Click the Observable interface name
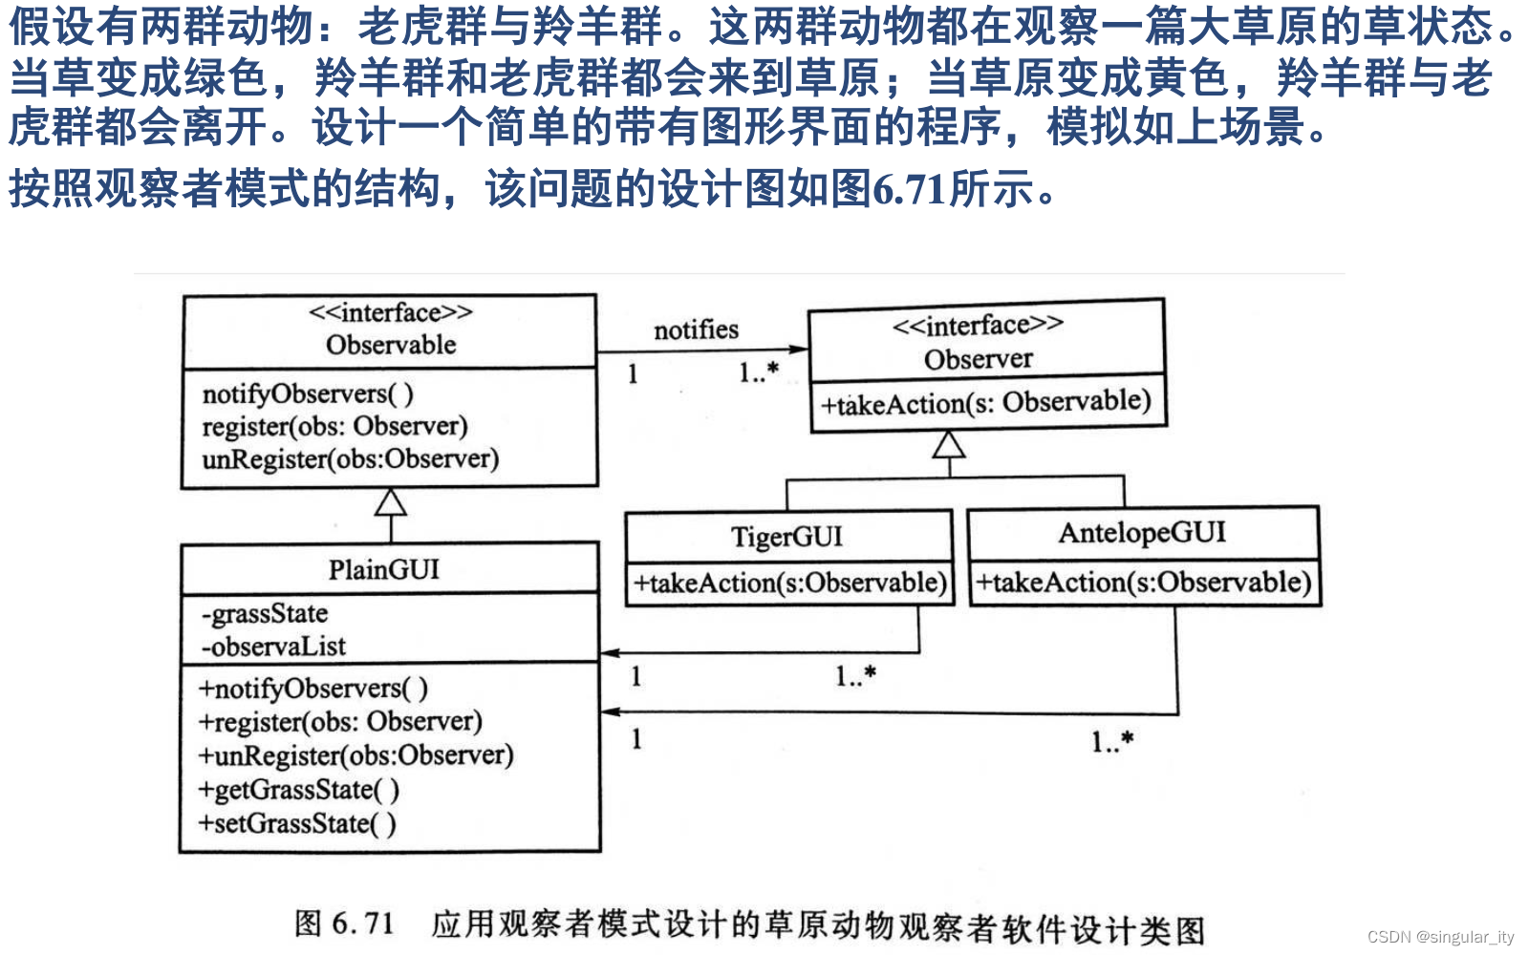click(391, 345)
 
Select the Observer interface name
click(978, 359)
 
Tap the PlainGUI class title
click(384, 569)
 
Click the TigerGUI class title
click(787, 537)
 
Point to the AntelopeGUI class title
click(1142, 532)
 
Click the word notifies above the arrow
click(696, 329)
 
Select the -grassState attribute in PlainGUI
click(265, 613)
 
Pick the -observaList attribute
click(273, 647)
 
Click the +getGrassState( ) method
click(298, 790)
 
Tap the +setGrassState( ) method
click(296, 823)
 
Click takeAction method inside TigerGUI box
click(789, 583)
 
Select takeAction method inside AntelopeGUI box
click(1143, 582)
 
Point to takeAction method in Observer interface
click(985, 403)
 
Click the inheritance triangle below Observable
click(391, 502)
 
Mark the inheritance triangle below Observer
click(948, 445)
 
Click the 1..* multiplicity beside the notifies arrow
click(759, 372)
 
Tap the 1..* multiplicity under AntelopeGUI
click(1112, 741)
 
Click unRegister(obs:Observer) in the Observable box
click(351, 459)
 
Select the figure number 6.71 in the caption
click(363, 923)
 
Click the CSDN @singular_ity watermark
click(1440, 937)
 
